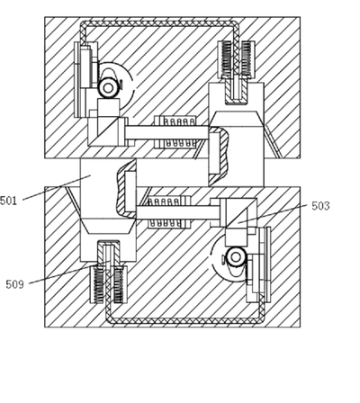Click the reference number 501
click(8, 201)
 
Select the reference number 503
click(320, 206)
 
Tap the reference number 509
click(14, 284)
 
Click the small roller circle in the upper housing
click(108, 87)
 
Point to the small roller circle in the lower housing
click(236, 257)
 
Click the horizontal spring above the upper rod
click(178, 121)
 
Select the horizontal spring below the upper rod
click(178, 144)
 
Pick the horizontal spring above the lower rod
click(165, 201)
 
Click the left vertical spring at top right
click(226, 58)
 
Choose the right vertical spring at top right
click(246, 58)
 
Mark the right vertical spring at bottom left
click(119, 284)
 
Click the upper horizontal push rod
click(166, 133)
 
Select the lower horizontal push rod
click(178, 212)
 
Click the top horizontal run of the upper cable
click(159, 23)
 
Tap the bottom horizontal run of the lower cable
click(185, 321)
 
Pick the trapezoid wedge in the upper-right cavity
click(236, 119)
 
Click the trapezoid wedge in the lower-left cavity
click(108, 226)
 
